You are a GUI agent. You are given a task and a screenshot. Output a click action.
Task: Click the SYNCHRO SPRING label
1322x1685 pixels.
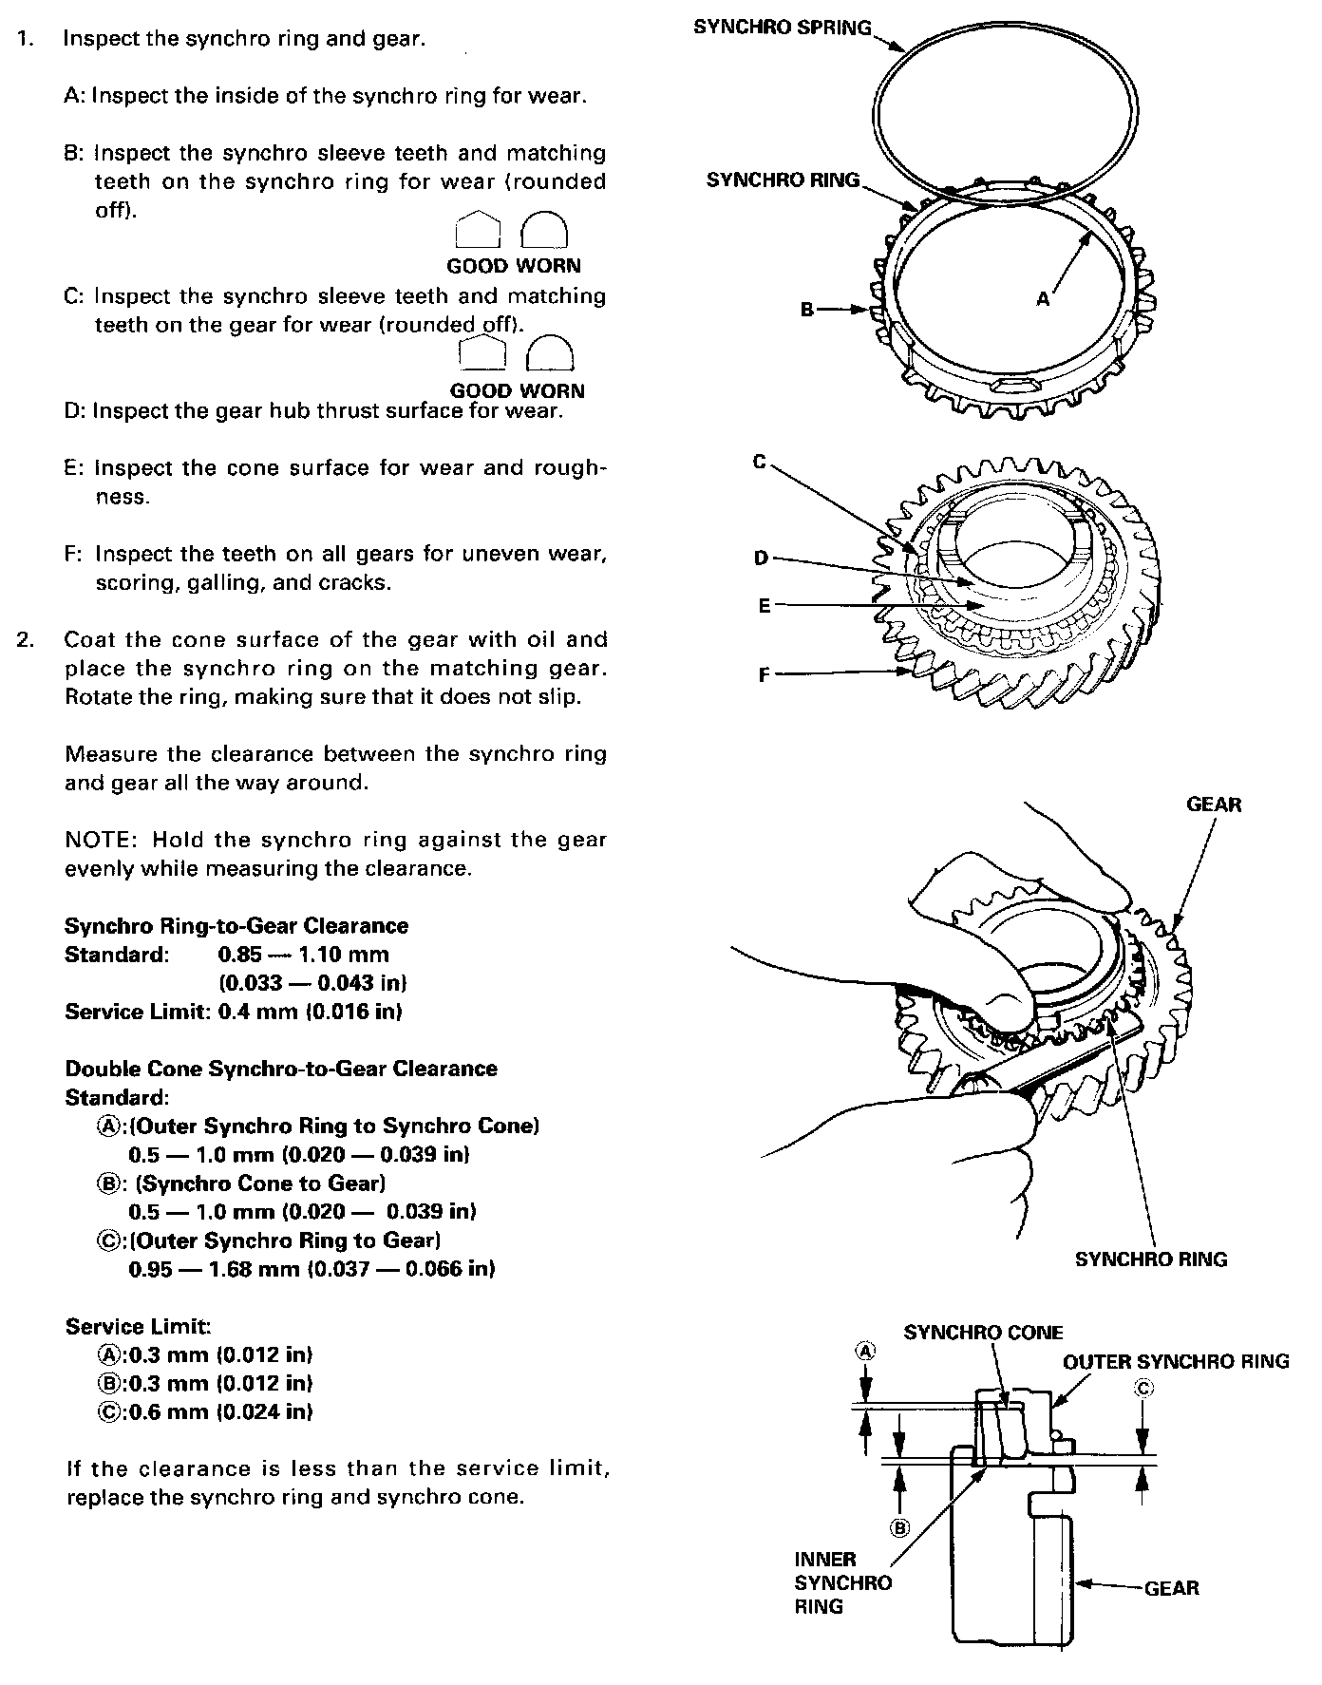(782, 27)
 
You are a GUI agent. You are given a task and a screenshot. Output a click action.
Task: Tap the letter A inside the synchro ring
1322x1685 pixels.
(1043, 298)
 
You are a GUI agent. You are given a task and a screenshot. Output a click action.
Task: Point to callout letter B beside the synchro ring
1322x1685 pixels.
(807, 309)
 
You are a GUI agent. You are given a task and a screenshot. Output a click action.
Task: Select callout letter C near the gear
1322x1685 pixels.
(760, 462)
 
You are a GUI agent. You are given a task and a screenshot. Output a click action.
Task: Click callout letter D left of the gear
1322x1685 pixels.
(761, 558)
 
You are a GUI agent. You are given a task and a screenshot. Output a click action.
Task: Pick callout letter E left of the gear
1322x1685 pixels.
(765, 605)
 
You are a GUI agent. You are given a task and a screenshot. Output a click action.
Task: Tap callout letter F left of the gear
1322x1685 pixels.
(765, 675)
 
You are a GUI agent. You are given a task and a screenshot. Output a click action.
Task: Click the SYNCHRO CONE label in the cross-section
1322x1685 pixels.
(983, 1333)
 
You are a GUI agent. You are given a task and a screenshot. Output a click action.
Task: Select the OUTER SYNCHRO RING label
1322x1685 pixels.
(1176, 1361)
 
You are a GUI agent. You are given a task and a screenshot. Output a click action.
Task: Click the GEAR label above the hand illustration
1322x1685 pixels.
(1214, 805)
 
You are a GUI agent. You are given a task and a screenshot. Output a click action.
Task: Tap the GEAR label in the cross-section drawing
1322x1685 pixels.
(1172, 1587)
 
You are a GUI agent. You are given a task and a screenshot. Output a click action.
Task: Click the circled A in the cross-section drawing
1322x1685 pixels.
(864, 1351)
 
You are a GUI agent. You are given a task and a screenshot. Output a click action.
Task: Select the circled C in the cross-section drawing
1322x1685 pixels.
(1143, 1388)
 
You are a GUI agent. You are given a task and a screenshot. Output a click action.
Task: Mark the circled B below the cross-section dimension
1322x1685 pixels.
(898, 1527)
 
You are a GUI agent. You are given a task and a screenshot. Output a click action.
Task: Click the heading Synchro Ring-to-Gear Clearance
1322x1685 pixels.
(236, 926)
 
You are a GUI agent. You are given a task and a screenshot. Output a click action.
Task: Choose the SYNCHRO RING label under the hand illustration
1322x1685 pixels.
(1151, 1259)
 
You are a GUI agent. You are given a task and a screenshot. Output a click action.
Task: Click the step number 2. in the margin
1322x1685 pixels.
(26, 639)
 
